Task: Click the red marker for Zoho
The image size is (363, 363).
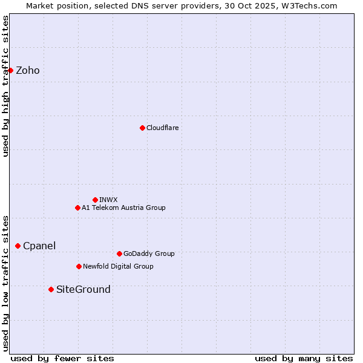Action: [x=10, y=70]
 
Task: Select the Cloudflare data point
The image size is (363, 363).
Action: [x=142, y=128]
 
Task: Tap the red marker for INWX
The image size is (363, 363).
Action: [x=95, y=200]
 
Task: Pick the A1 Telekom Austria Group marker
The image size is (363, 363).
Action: [x=77, y=208]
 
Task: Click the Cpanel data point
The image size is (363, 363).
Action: [x=18, y=246]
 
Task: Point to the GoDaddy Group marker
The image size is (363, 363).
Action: [x=119, y=253]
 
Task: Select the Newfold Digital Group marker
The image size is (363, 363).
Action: [x=79, y=266]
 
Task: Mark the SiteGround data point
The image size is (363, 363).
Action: [x=51, y=289]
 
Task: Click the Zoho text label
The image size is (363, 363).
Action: [x=28, y=70]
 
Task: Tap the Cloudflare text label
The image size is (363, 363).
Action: [x=162, y=128]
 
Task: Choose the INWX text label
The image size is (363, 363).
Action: [x=108, y=200]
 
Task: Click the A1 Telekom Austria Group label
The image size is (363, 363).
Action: [x=123, y=208]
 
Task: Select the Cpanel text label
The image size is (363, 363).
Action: [x=39, y=246]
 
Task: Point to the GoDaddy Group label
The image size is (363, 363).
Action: [x=149, y=253]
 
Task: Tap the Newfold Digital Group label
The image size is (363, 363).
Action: [x=118, y=266]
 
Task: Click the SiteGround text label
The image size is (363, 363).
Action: [x=83, y=289]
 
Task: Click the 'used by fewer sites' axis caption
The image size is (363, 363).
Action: [x=62, y=358]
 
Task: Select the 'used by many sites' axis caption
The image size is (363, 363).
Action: [x=304, y=358]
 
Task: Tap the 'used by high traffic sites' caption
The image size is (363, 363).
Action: [x=5, y=86]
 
